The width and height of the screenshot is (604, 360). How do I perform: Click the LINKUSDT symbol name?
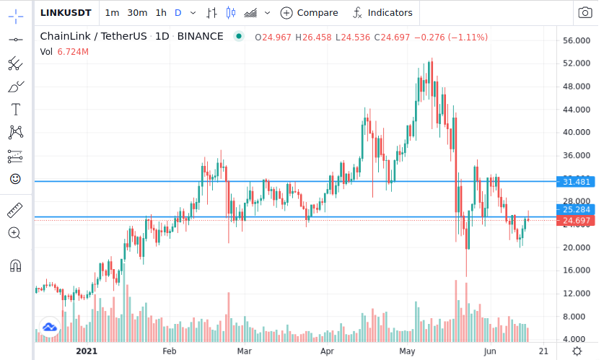click(66, 13)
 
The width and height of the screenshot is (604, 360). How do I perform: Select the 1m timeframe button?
click(112, 13)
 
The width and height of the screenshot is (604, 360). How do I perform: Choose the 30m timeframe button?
click(137, 13)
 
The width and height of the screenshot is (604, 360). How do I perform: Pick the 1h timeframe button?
click(161, 13)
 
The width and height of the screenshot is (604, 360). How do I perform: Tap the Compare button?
click(309, 13)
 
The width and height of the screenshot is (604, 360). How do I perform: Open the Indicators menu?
click(382, 13)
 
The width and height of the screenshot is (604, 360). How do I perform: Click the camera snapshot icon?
click(585, 13)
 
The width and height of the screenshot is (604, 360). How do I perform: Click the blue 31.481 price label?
click(576, 182)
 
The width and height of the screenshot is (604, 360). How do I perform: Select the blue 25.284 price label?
click(576, 209)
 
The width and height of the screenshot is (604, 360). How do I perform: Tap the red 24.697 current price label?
click(576, 221)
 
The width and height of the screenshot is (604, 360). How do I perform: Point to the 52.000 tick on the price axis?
click(577, 63)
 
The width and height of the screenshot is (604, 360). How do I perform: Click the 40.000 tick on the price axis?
click(577, 132)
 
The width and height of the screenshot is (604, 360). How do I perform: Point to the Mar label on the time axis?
click(244, 351)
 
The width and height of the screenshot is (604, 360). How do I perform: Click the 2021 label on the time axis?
click(87, 351)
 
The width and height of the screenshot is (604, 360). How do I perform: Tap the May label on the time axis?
click(407, 351)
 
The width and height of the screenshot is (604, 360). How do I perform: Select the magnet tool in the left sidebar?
click(15, 265)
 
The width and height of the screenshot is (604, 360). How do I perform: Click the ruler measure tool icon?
click(15, 210)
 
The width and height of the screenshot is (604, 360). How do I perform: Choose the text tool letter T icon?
click(15, 110)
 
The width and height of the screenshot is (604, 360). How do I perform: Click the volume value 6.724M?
click(73, 52)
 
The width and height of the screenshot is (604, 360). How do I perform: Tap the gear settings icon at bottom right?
click(577, 351)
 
